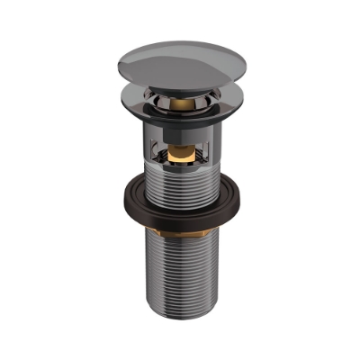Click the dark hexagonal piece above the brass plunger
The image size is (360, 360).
[x=180, y=144]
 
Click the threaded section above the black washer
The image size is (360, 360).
[x=180, y=180]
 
